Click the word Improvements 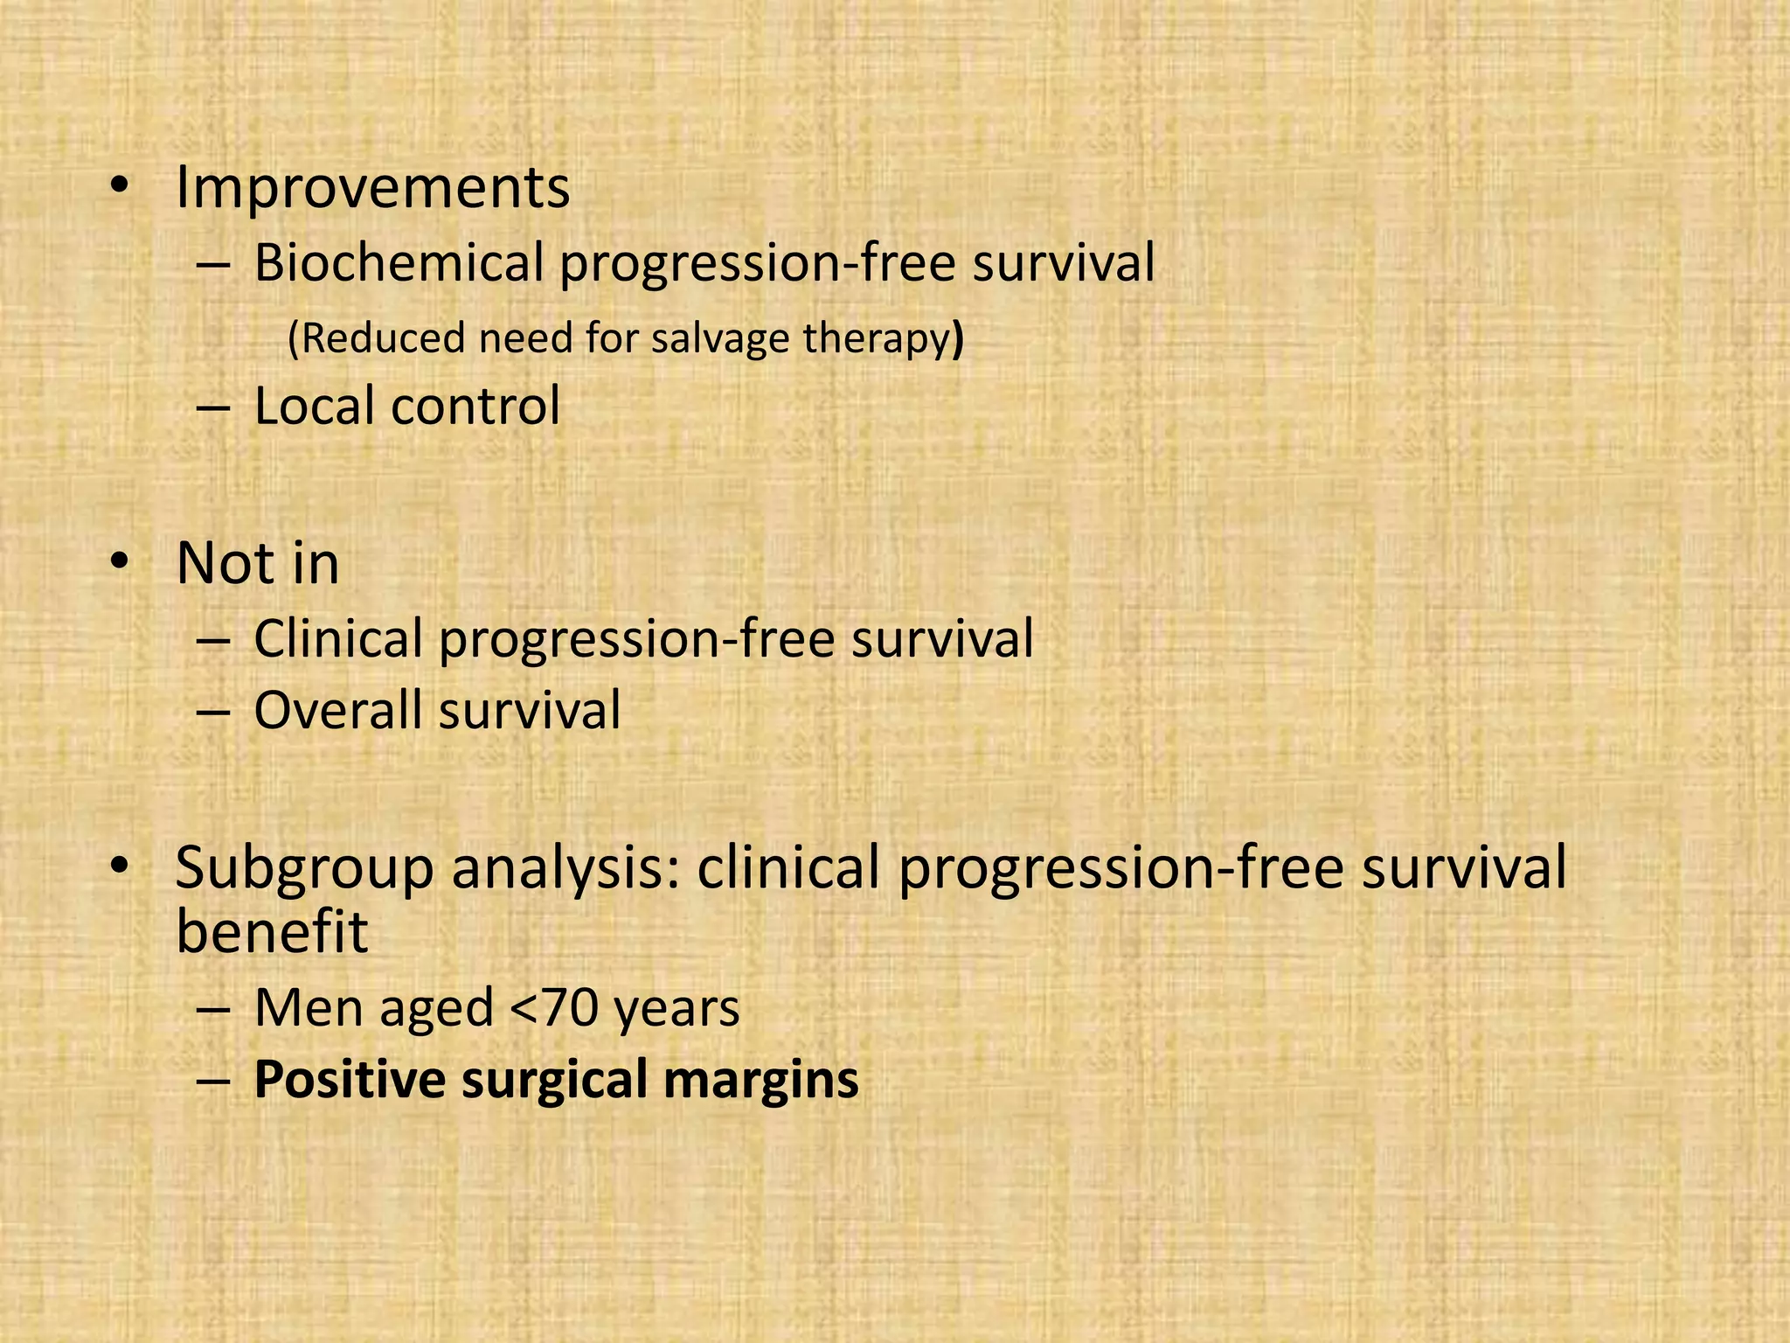[372, 188]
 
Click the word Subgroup [304, 869]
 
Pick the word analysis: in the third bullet [565, 869]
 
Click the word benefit [271, 932]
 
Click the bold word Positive [350, 1081]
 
